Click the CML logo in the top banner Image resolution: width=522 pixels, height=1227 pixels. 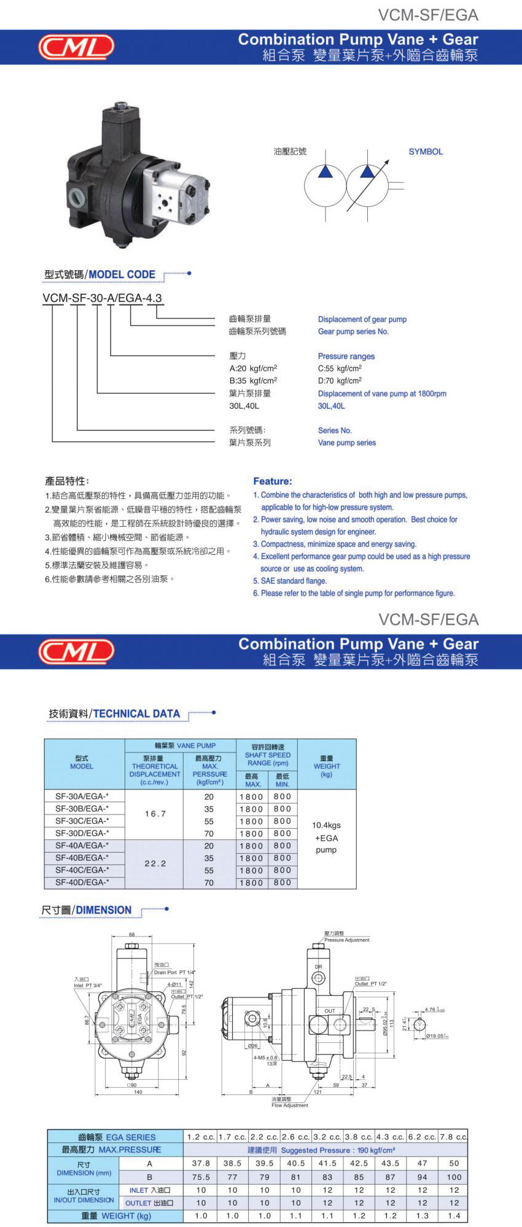pyautogui.click(x=76, y=47)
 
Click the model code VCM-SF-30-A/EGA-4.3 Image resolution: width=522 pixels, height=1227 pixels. pyautogui.click(x=102, y=298)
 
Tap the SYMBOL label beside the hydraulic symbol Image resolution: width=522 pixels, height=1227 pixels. pyautogui.click(x=426, y=152)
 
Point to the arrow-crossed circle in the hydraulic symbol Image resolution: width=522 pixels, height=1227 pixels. pyautogui.click(x=367, y=185)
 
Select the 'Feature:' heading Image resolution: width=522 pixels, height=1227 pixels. pyautogui.click(x=273, y=481)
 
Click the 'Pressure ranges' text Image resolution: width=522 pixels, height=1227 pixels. pyautogui.click(x=346, y=356)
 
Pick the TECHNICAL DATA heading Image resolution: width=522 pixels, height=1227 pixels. pyautogui.click(x=136, y=714)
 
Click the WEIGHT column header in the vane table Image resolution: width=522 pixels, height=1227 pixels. pyautogui.click(x=327, y=766)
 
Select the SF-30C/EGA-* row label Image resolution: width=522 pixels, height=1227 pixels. pyautogui.click(x=82, y=821)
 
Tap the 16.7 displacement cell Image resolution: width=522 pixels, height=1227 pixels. pyautogui.click(x=155, y=814)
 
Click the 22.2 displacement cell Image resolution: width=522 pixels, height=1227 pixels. pyautogui.click(x=155, y=864)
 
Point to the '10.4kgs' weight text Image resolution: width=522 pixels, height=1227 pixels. pyautogui.click(x=326, y=825)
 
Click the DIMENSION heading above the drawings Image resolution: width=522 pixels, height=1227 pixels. pyautogui.click(x=103, y=910)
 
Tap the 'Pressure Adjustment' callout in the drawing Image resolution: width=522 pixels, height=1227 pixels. pyautogui.click(x=347, y=940)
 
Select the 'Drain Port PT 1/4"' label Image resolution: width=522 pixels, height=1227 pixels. pyautogui.click(x=174, y=972)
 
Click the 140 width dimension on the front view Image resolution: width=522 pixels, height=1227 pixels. pyautogui.click(x=138, y=1092)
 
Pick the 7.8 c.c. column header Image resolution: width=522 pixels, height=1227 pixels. pyautogui.click(x=453, y=1137)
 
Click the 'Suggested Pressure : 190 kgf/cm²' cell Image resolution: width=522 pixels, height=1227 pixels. pyautogui.click(x=326, y=1150)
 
